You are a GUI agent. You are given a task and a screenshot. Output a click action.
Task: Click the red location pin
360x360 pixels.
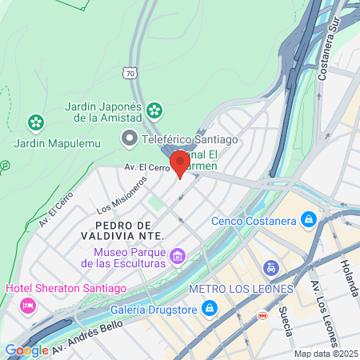point(180,164)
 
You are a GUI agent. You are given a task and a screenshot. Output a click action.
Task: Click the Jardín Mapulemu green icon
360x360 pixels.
point(35,123)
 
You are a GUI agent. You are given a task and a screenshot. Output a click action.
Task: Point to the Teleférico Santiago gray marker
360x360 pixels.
point(129,140)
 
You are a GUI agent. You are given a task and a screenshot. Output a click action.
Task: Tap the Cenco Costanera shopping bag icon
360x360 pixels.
point(308,218)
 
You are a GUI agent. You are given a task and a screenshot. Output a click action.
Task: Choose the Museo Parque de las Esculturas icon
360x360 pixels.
point(178,258)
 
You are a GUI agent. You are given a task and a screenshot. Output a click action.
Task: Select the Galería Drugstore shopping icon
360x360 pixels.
point(209,307)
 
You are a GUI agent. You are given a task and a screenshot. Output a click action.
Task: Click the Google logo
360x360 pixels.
point(26,350)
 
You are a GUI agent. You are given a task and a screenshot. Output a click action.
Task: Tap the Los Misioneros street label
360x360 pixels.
point(122,194)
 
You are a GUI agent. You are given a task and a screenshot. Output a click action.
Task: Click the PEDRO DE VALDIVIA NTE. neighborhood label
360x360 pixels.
point(122,230)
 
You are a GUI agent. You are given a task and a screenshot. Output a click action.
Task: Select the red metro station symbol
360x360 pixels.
point(262,316)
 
